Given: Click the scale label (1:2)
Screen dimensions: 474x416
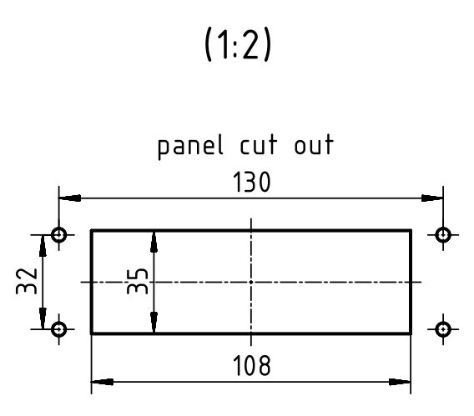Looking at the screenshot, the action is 238,44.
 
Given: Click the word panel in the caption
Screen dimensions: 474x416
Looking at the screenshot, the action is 190,147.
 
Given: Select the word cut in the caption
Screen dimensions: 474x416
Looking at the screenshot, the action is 259,145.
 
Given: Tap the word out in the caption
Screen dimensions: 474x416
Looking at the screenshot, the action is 314,145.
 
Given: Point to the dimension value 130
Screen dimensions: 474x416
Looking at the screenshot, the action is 251,182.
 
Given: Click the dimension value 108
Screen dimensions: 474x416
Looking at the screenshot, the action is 251,365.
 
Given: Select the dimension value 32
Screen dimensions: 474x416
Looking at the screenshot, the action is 27,281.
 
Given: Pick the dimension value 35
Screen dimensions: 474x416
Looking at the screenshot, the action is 138,281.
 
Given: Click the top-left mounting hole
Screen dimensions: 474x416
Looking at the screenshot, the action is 59,234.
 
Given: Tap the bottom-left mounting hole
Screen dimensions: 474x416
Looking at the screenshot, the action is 59,329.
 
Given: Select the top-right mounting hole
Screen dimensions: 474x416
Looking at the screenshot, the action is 443,234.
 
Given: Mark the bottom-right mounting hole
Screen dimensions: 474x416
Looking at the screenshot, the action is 443,329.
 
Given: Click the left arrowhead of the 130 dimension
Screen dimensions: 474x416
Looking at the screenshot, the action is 70,198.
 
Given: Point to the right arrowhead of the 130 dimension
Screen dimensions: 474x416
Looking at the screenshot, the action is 432,198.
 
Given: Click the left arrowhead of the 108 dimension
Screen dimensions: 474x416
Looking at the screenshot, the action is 102,382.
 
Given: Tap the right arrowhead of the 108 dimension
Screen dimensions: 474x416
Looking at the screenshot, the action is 400,382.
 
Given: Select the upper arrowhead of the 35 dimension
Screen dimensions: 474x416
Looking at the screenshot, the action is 154,242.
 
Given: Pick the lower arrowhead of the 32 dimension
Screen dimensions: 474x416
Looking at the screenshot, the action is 43,318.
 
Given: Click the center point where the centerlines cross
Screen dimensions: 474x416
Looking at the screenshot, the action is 251,282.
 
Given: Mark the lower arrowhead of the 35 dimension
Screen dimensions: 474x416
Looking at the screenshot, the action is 154,323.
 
